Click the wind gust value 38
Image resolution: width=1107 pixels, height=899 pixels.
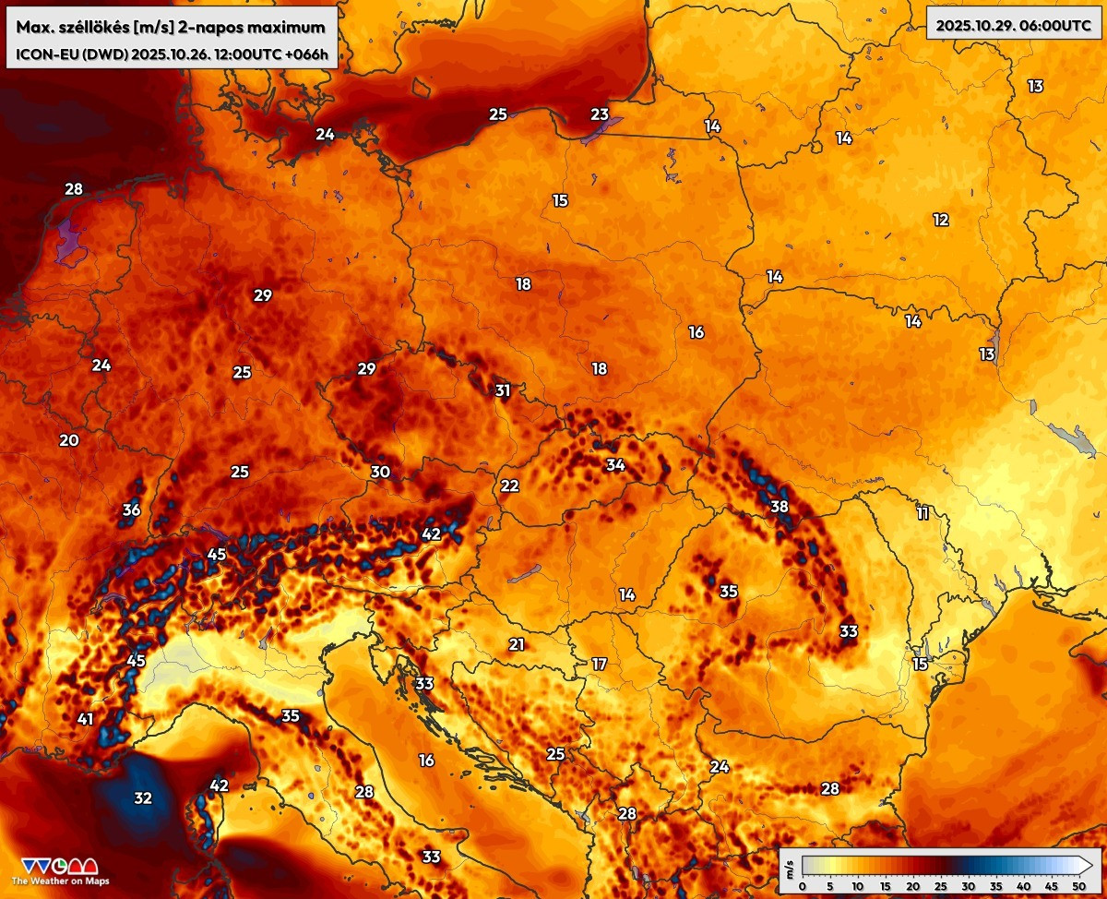click(x=780, y=506)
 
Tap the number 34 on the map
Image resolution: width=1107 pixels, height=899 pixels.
click(x=615, y=464)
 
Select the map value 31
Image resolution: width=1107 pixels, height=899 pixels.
click(x=502, y=390)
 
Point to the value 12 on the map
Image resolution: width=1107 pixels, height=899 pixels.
click(x=941, y=220)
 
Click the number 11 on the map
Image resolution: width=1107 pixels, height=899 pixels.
click(x=922, y=513)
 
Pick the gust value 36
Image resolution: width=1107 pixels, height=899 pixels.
click(x=131, y=509)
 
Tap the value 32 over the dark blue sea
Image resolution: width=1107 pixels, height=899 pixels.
click(x=143, y=797)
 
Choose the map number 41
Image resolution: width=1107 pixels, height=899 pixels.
click(x=86, y=719)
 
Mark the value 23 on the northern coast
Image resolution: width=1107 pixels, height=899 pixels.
click(x=600, y=114)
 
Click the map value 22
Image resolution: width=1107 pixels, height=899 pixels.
click(x=510, y=486)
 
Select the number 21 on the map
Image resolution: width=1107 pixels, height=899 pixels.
click(x=517, y=644)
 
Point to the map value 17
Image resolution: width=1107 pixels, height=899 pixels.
click(x=600, y=664)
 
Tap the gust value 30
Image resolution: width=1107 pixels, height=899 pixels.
click(x=380, y=472)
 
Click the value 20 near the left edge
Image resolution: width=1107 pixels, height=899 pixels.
click(x=69, y=440)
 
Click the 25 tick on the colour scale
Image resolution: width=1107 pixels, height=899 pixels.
click(x=937, y=886)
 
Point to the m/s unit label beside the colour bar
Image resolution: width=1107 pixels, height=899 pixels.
click(x=790, y=866)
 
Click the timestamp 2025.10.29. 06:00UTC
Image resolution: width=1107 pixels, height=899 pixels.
click(x=1014, y=25)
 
